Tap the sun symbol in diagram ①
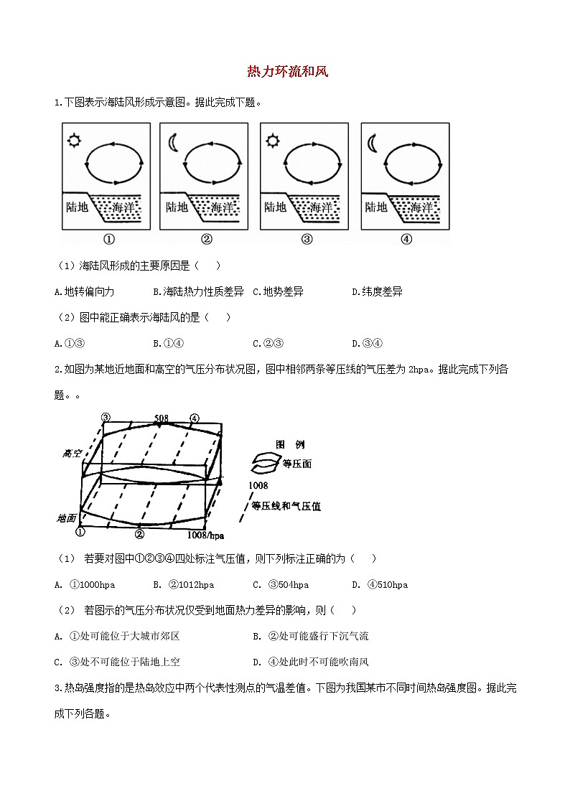(73, 140)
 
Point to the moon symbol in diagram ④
(372, 143)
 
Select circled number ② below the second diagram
(206, 240)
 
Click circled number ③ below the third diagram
(307, 240)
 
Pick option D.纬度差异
(377, 291)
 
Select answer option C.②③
(268, 343)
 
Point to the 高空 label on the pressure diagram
(72, 453)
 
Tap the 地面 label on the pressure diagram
(67, 517)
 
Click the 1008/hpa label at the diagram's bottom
(205, 535)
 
